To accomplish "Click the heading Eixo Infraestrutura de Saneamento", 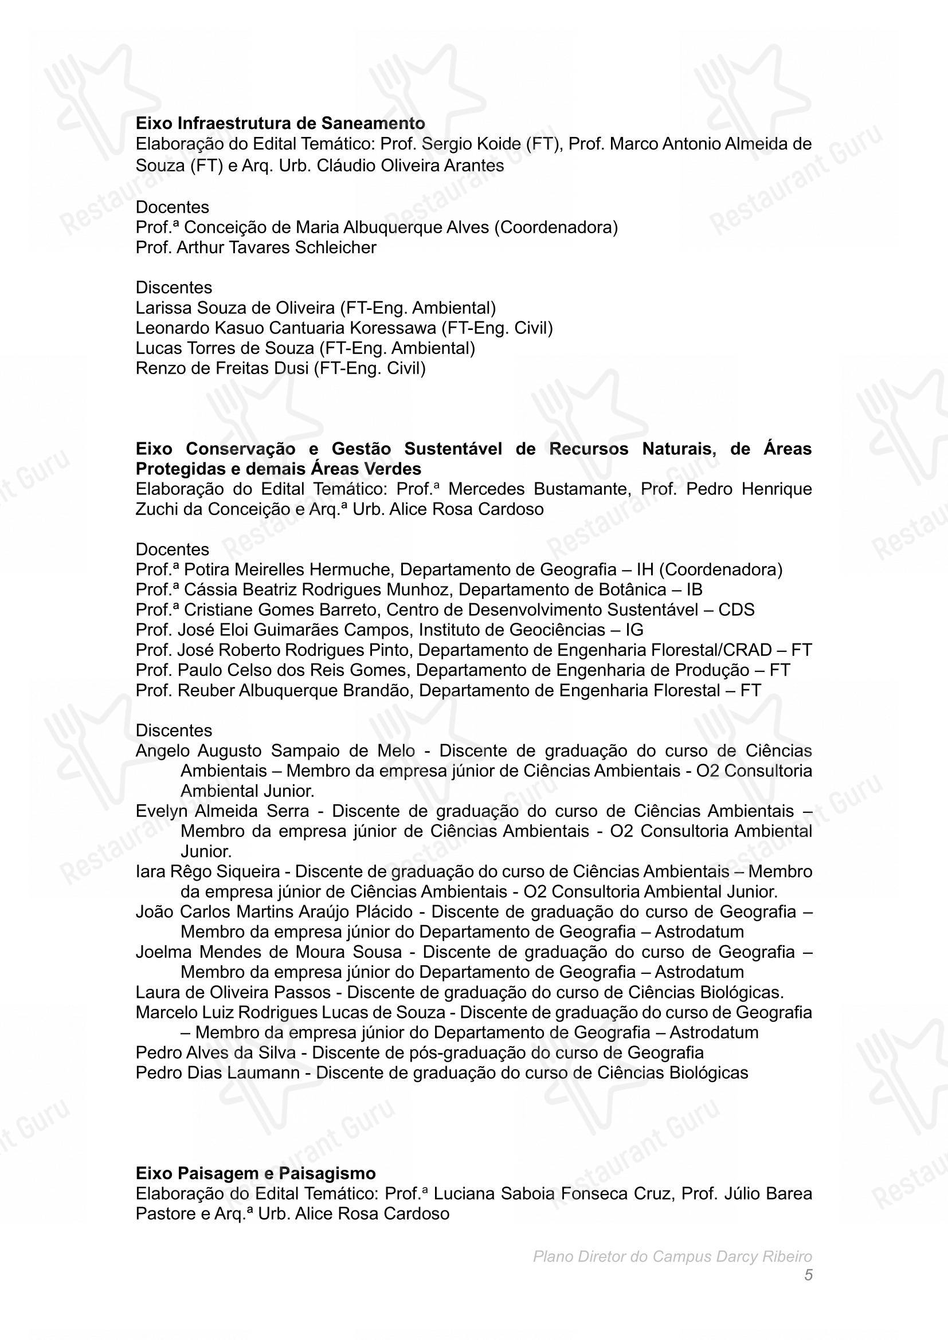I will (x=280, y=123).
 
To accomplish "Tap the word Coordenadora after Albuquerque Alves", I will (x=556, y=227).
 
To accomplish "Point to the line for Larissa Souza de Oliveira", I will (x=315, y=308).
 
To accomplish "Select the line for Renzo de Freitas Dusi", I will (x=280, y=368).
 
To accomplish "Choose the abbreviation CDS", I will (x=736, y=610).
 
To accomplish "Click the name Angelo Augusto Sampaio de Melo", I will (x=276, y=750).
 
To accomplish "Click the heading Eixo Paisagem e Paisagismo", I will (x=256, y=1173).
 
